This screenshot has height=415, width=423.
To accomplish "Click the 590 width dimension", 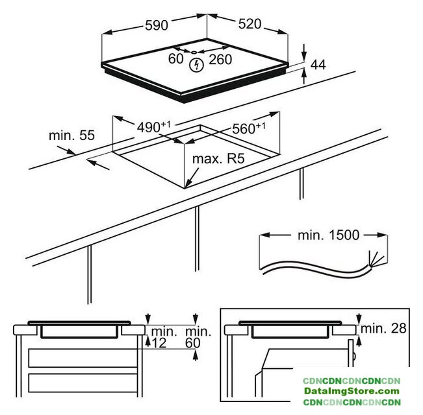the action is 157,25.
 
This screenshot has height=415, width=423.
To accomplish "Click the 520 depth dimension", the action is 250,24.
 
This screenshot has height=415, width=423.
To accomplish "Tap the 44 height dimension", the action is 318,65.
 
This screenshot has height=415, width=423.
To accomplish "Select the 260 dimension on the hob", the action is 220,60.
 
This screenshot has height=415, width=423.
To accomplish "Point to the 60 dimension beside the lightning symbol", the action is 175,58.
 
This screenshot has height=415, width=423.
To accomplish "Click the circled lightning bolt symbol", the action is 196,65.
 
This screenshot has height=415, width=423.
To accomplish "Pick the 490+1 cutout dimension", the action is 154,127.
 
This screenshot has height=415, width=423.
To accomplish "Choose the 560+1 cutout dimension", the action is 249,128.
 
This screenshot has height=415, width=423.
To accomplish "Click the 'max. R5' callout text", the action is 218,158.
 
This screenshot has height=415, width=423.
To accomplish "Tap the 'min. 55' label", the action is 71,135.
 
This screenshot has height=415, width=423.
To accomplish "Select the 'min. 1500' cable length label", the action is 328,235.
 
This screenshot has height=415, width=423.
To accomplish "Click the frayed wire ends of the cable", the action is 376,259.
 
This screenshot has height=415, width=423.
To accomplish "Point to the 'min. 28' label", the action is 383,328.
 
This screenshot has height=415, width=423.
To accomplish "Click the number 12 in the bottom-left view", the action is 159,343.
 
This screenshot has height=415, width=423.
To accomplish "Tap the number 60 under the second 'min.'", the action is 193,343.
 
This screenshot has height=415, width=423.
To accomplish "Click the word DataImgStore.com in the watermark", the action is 352,391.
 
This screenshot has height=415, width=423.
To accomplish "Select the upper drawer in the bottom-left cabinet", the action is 83,358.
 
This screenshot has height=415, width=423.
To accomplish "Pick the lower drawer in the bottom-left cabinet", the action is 83,383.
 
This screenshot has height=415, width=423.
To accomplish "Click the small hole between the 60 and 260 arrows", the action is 194,53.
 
